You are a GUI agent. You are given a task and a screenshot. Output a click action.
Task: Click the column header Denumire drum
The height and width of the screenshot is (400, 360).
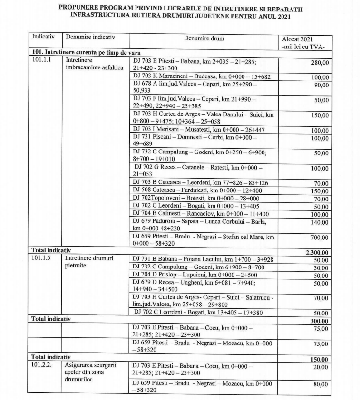[204, 38]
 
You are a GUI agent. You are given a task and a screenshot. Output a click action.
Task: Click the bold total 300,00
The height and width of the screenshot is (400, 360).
[320, 321]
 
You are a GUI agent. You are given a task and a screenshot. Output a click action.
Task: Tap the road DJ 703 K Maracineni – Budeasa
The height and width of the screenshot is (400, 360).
[202, 76]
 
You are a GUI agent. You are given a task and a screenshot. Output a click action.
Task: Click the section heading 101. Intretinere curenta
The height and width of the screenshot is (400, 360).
[85, 52]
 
